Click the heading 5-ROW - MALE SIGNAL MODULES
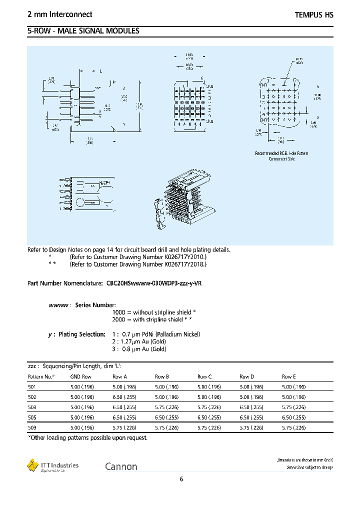(83, 31)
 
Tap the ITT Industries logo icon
(32, 465)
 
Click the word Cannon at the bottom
(121, 466)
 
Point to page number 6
(181, 479)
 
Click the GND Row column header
(80, 376)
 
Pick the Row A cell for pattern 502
(123, 397)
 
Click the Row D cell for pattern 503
(251, 407)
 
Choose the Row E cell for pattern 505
(293, 417)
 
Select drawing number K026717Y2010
(184, 256)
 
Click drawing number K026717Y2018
(184, 263)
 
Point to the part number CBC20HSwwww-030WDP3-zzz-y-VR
(154, 283)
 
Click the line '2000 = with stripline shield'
(152, 319)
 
